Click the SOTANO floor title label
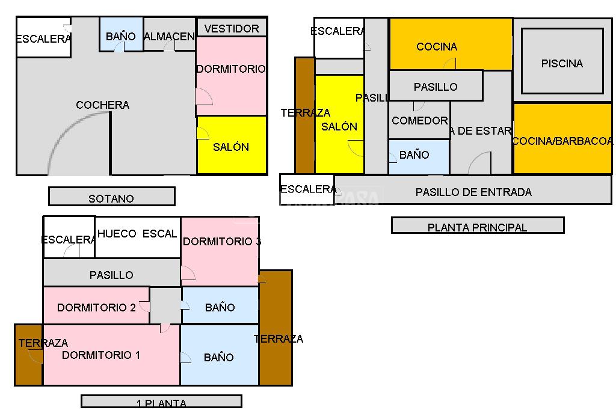111,198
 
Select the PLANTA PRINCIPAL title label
477,227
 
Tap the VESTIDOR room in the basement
232,28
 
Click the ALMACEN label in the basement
170,36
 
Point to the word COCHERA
102,105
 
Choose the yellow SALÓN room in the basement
232,146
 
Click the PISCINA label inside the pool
562,63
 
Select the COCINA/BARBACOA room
562,141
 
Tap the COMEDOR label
419,120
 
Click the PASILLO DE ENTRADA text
473,192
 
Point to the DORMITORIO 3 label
221,242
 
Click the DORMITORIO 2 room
96,307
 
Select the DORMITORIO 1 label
101,355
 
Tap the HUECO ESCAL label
137,233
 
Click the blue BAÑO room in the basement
121,36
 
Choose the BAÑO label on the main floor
414,155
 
